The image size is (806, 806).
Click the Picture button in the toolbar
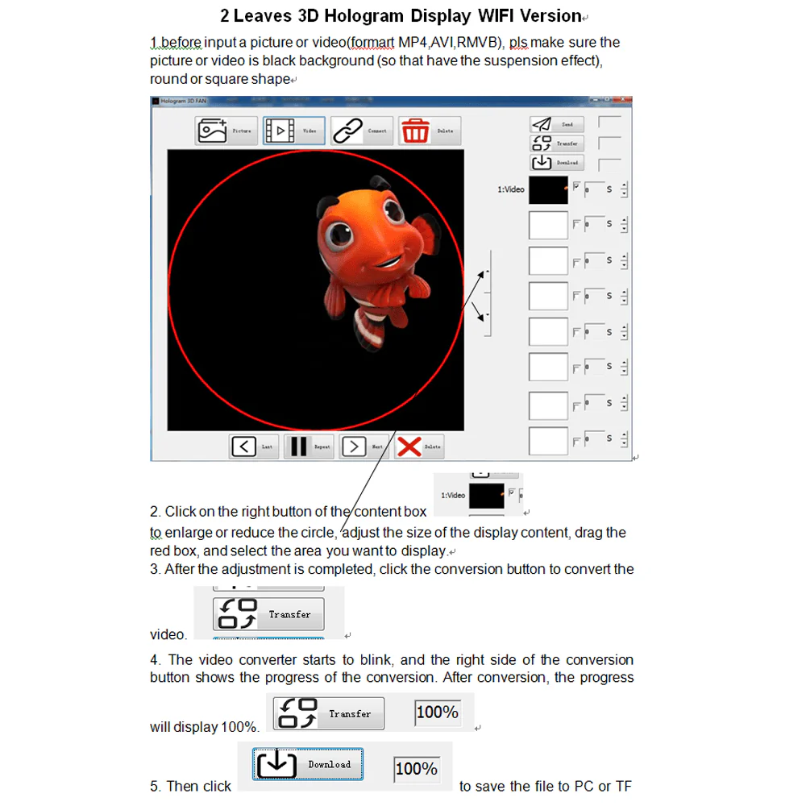click(226, 131)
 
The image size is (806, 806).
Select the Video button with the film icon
click(293, 131)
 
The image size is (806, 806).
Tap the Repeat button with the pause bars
click(309, 446)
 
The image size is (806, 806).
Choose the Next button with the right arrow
click(364, 446)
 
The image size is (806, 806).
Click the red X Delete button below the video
click(419, 446)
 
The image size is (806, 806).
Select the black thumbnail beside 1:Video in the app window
click(548, 190)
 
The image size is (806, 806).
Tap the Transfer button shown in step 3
click(268, 614)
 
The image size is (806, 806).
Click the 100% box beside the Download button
click(416, 769)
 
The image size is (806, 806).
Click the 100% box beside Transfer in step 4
click(438, 713)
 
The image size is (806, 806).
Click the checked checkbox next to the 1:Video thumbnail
click(576, 185)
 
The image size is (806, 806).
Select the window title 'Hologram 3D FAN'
click(183, 101)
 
